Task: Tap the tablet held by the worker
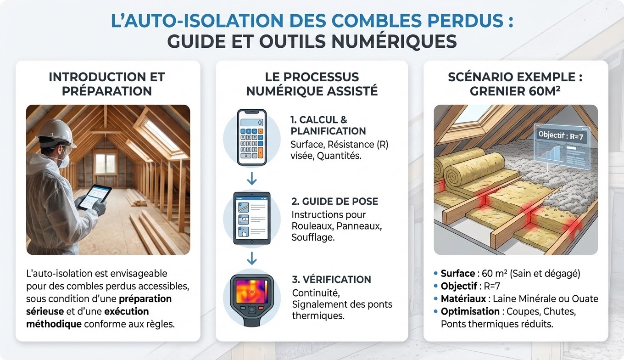pyautogui.click(x=95, y=197)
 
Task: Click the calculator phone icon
pyautogui.click(x=252, y=137)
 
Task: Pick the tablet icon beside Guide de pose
pyautogui.click(x=252, y=218)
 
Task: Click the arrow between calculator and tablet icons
pyautogui.click(x=252, y=179)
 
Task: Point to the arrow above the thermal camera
pyautogui.click(x=252, y=258)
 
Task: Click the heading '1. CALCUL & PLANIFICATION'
pyautogui.click(x=328, y=125)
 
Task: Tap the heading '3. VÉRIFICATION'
pyautogui.click(x=331, y=279)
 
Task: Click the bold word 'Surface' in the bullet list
pyautogui.click(x=458, y=274)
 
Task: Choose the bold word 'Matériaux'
pyautogui.click(x=463, y=299)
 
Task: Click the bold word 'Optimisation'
pyautogui.click(x=470, y=311)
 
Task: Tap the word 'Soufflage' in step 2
pyautogui.click(x=313, y=237)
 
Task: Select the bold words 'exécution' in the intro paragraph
pyautogui.click(x=127, y=311)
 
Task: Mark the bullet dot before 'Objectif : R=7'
pyautogui.click(x=436, y=286)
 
